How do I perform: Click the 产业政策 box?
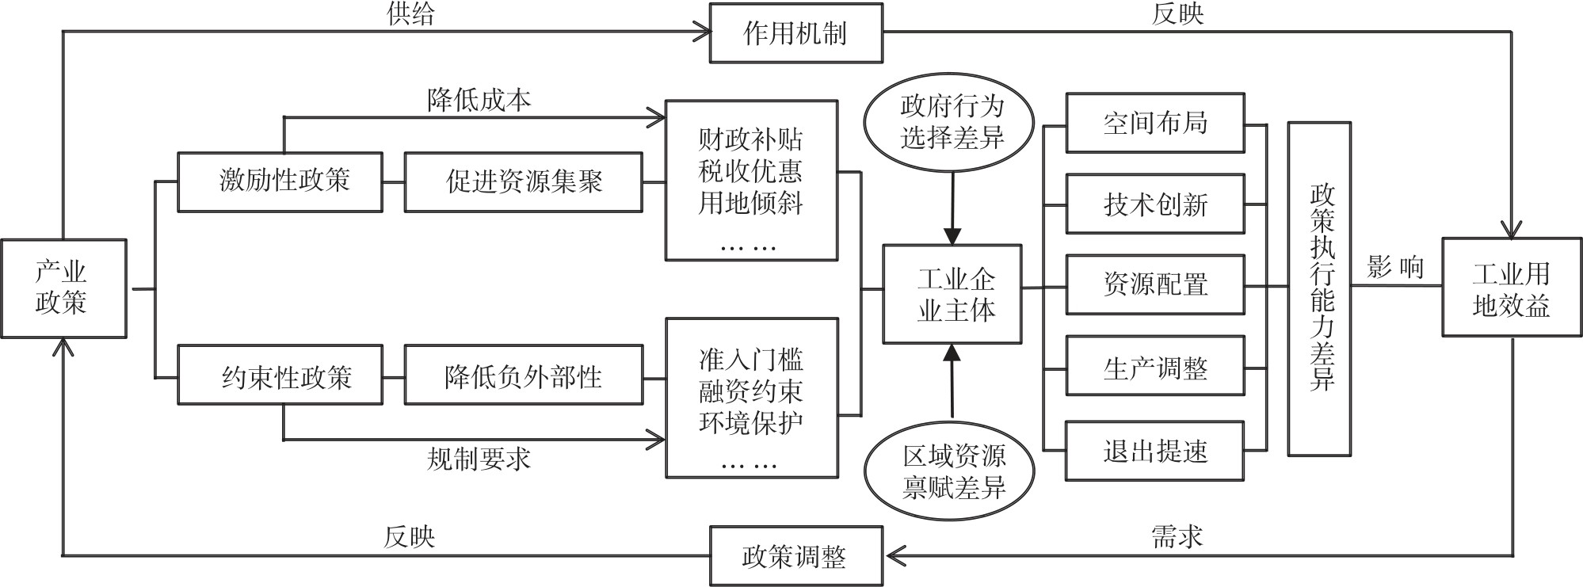coord(63,288)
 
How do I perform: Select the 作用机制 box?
coord(795,33)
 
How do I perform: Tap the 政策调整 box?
coord(795,556)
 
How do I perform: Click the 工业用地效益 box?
coord(1511,288)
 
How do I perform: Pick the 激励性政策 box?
coord(280,181)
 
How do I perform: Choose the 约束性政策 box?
coord(280,375)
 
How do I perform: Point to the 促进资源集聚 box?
coord(523,181)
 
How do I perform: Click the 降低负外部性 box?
coord(523,375)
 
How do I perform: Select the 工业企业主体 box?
coord(952,294)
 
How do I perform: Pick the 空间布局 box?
coord(1155,123)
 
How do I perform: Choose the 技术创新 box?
coord(1155,204)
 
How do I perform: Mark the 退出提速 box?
coord(1155,451)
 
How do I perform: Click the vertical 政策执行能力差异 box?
coord(1319,288)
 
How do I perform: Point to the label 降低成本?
coord(479,101)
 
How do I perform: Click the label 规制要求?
coord(479,459)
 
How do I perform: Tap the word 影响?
coord(1395,268)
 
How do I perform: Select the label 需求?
coord(1177,536)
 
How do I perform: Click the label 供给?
coord(410,14)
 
